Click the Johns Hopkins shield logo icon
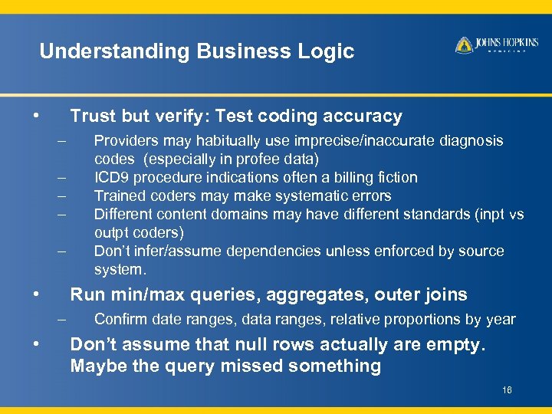coord(464,45)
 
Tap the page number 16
coord(507,390)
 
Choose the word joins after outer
coord(447,294)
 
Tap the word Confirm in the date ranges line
coord(119,319)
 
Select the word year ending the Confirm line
coord(502,319)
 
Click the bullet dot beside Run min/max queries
coord(36,294)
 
